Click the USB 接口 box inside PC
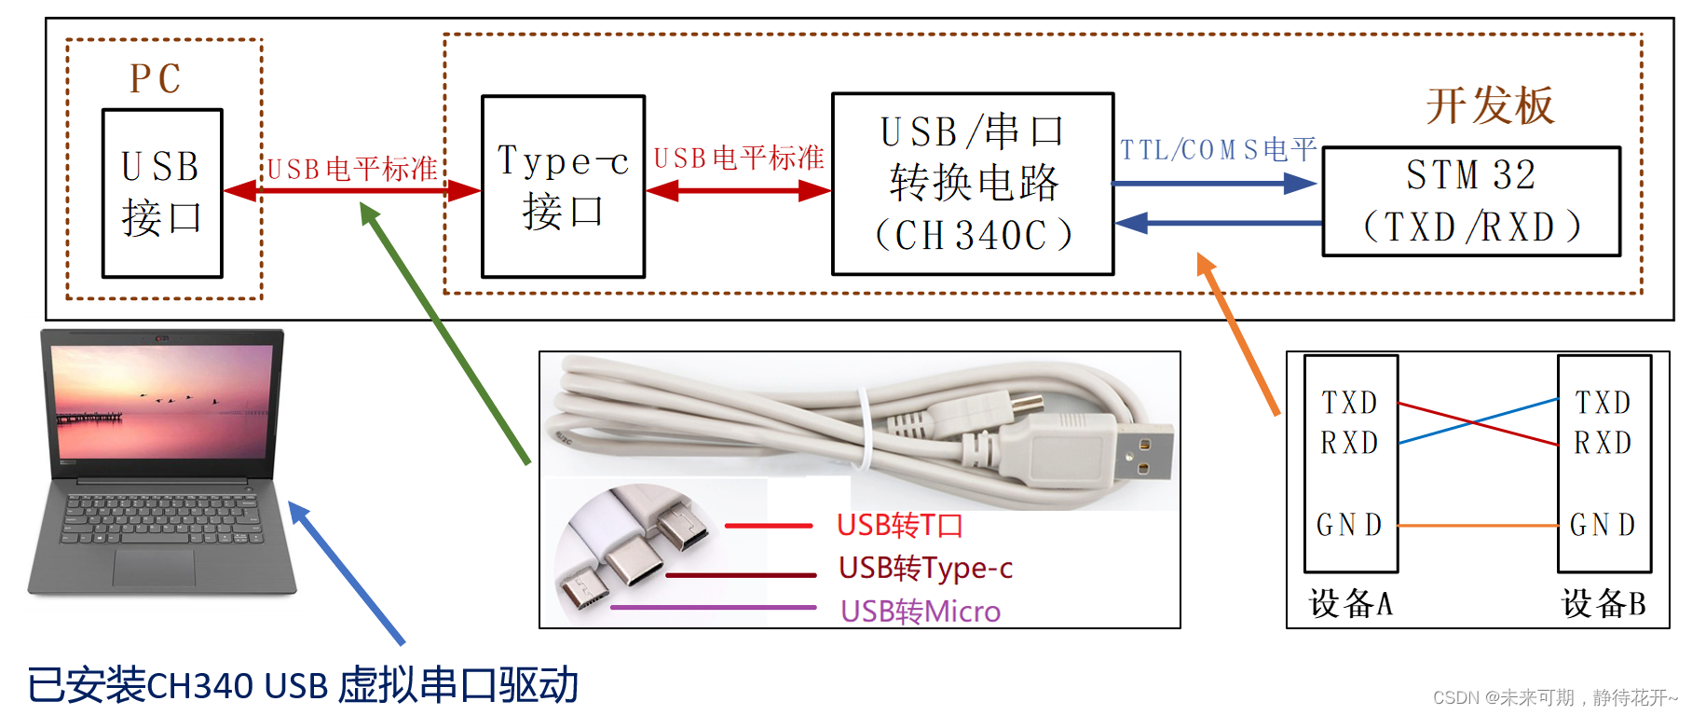pyautogui.click(x=162, y=193)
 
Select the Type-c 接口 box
pyautogui.click(x=563, y=186)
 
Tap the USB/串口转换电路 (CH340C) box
pyautogui.click(x=972, y=184)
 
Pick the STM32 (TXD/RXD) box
pyautogui.click(x=1471, y=201)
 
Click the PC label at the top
pyautogui.click(x=156, y=79)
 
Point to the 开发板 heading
pyautogui.click(x=1490, y=105)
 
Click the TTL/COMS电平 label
pyautogui.click(x=1217, y=150)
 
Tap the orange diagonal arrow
pyautogui.click(x=1237, y=333)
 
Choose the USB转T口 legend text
pyautogui.click(x=899, y=526)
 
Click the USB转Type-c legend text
pyautogui.click(x=925, y=568)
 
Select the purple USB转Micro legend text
pyautogui.click(x=920, y=612)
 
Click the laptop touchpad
pyautogui.click(x=154, y=567)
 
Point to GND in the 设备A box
pyautogui.click(x=1348, y=526)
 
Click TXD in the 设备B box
pyautogui.click(x=1603, y=403)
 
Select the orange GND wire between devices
pyautogui.click(x=1478, y=526)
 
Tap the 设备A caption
pyautogui.click(x=1350, y=604)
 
